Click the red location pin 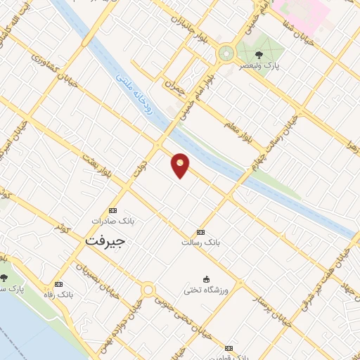tap(181, 165)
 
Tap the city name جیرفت tap(105, 240)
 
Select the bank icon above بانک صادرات tap(113, 210)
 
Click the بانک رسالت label tap(201, 242)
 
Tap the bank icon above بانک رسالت tap(201, 232)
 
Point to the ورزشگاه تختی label tap(205, 288)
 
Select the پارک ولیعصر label tap(259, 63)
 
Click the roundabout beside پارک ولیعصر tap(226, 52)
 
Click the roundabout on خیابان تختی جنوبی tap(148, 289)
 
